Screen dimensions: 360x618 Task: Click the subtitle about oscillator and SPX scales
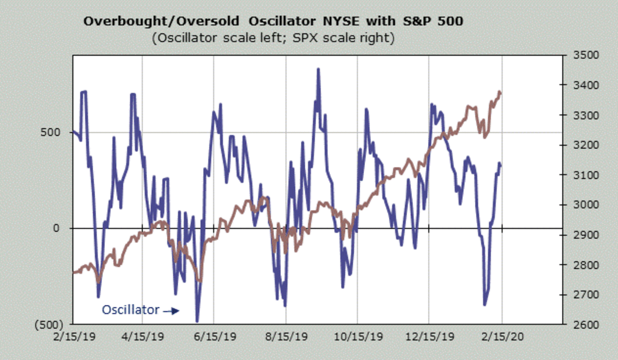click(273, 39)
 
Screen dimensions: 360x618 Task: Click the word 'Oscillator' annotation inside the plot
click(130, 310)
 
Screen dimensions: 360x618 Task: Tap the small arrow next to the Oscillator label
click(171, 311)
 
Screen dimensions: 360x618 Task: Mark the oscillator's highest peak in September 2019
click(318, 69)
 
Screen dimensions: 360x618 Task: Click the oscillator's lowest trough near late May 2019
click(197, 321)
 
